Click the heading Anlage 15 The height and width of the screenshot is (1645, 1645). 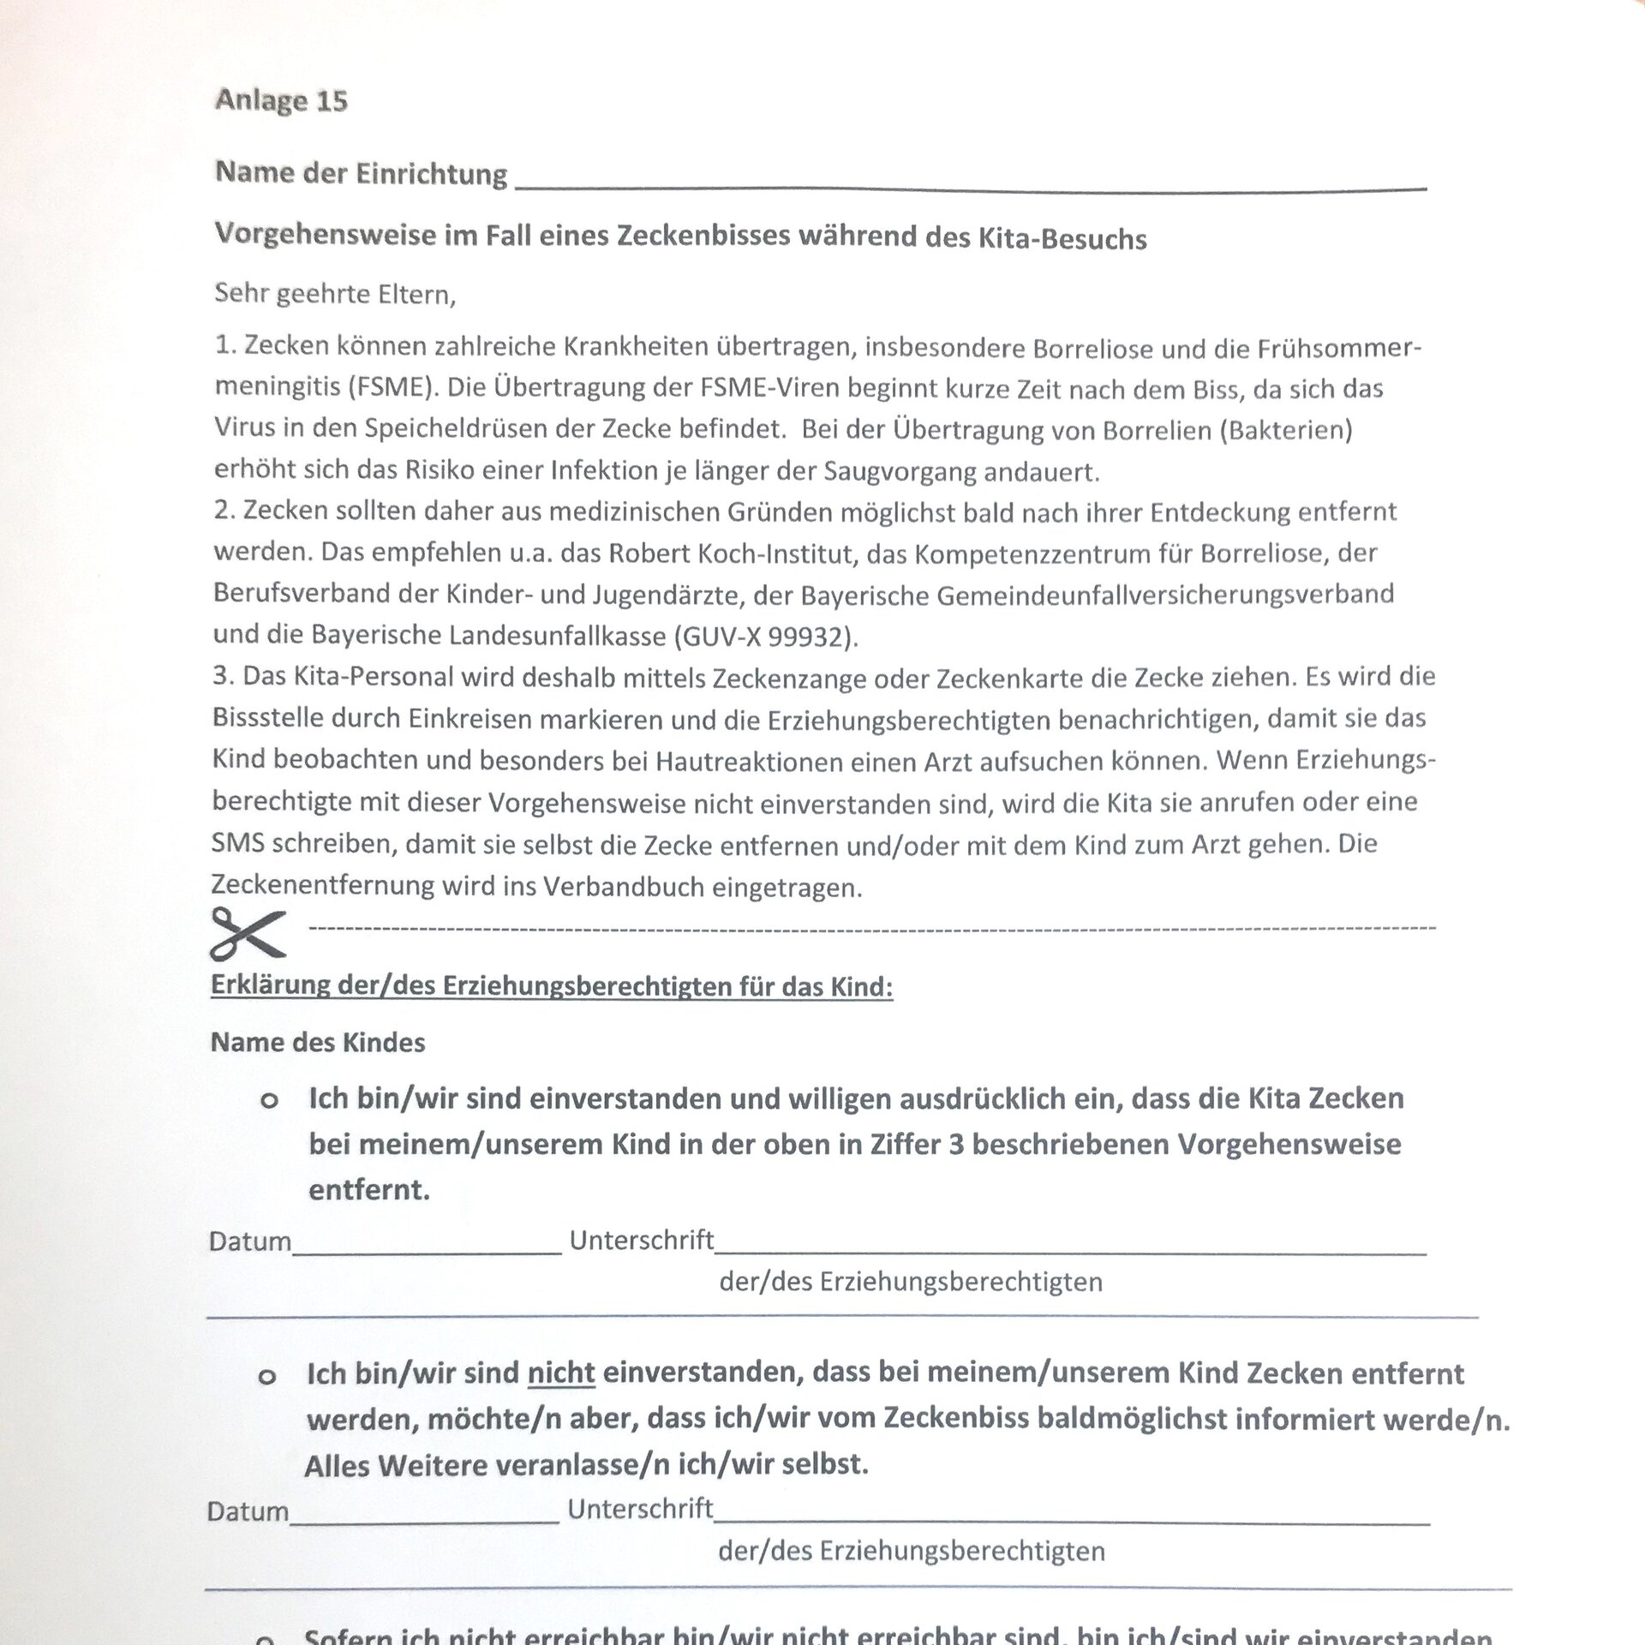pos(281,101)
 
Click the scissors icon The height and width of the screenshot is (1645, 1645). pos(248,932)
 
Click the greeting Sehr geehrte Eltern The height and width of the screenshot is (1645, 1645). pos(335,295)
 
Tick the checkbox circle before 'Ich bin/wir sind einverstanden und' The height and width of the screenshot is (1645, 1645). pos(269,1101)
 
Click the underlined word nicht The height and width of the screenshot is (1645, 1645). pos(561,1373)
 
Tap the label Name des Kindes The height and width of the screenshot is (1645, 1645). pos(318,1043)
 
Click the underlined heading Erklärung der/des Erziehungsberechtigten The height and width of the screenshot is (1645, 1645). pos(552,986)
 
